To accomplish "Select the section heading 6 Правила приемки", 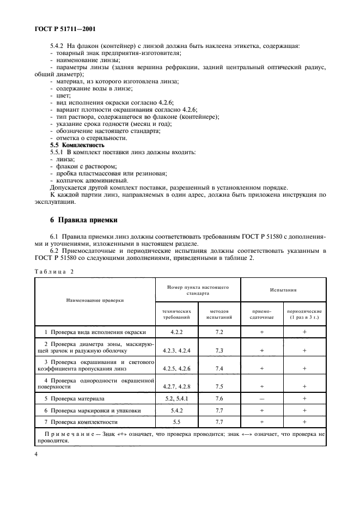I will point(82,220).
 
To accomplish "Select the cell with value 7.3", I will point(219,350).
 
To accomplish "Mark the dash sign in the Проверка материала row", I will point(262,399).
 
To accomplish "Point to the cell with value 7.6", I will point(219,398).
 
